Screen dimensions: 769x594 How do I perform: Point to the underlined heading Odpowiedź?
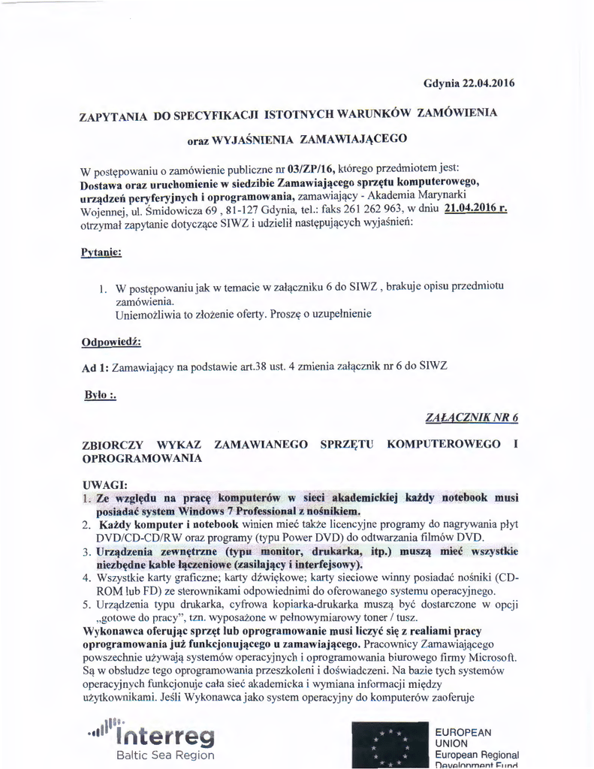pyautogui.click(x=110, y=343)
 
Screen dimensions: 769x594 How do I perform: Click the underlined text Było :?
pyautogui.click(x=101, y=395)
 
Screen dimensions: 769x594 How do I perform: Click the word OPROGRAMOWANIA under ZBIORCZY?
pyautogui.click(x=142, y=457)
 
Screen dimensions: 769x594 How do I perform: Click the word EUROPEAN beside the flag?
pyautogui.click(x=464, y=732)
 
